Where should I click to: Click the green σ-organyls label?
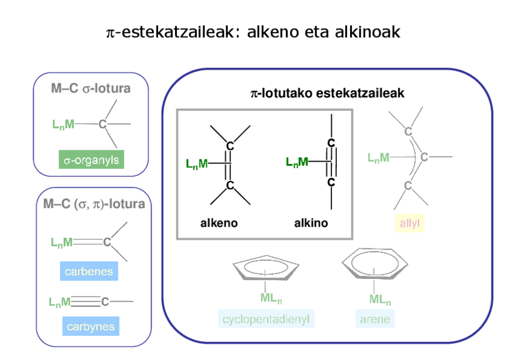[91, 160]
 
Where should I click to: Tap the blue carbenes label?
[89, 272]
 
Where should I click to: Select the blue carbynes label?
[90, 327]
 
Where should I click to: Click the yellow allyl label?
[409, 224]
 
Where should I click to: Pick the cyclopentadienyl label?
[266, 319]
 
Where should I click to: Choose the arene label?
[375, 319]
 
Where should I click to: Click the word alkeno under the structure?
[218, 224]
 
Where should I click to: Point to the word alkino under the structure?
[311, 224]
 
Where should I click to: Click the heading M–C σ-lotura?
[91, 89]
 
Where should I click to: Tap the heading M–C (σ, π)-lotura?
[94, 204]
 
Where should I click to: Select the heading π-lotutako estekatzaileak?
[327, 93]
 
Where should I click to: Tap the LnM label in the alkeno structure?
[197, 163]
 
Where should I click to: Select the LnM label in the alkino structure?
[297, 162]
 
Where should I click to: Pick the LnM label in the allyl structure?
[378, 157]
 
